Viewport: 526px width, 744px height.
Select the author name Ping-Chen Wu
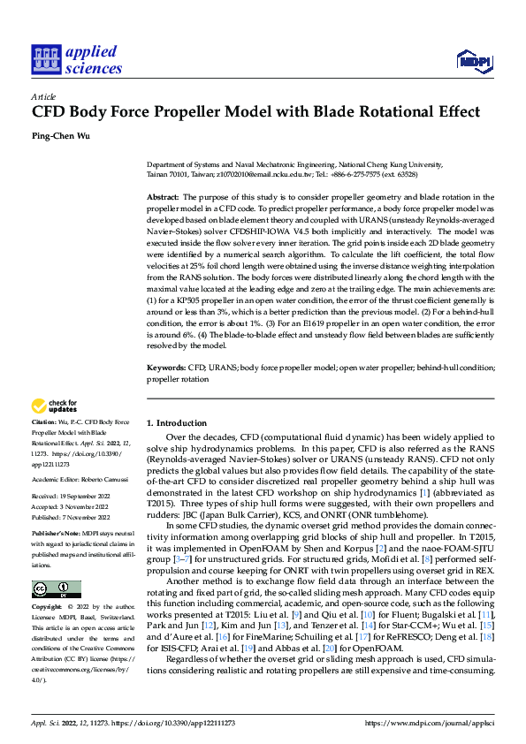point(63,136)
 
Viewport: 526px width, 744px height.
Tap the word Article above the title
point(43,95)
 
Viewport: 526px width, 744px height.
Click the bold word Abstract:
point(163,196)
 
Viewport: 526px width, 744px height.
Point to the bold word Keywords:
point(165,367)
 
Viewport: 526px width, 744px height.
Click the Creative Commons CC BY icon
point(56,589)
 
